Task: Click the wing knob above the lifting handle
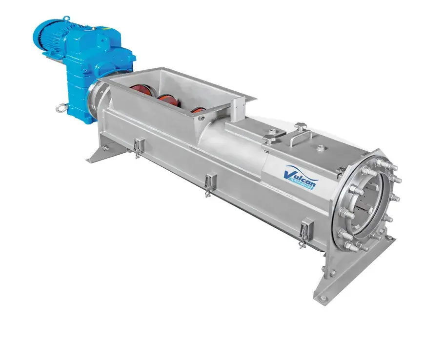click(x=298, y=127)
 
